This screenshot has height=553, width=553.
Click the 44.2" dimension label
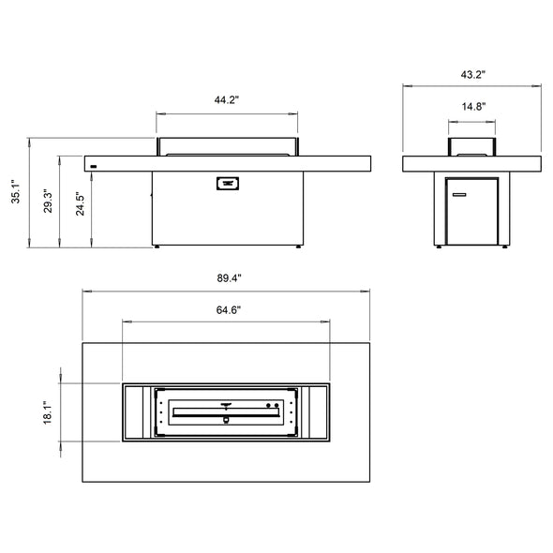[227, 100]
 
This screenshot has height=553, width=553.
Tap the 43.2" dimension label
[473, 75]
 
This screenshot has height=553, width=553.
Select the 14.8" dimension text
[473, 107]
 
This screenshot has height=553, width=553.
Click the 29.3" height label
[48, 202]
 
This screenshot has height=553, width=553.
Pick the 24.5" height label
[80, 204]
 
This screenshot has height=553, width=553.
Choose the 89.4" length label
[229, 278]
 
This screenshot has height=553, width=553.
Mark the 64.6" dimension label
[229, 310]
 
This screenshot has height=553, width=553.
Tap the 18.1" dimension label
[48, 412]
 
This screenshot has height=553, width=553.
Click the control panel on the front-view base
[228, 184]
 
